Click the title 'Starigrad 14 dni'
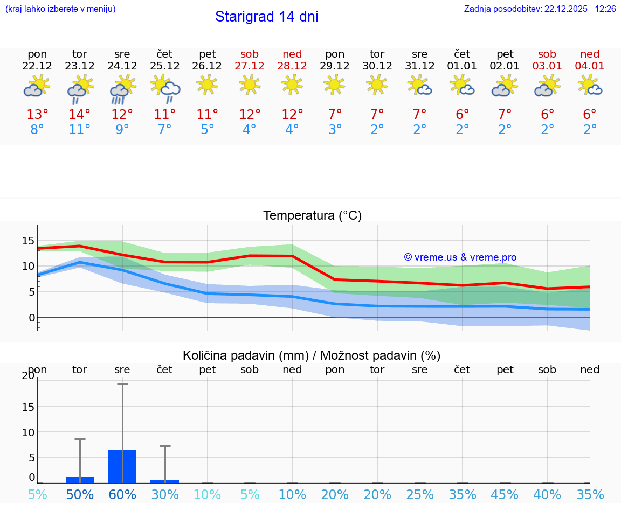(x=266, y=17)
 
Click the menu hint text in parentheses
(x=60, y=9)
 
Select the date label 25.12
(x=165, y=66)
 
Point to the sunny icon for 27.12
(x=250, y=84)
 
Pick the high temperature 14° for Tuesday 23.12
(x=80, y=115)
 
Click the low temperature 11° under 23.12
(x=80, y=130)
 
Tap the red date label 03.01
(x=547, y=66)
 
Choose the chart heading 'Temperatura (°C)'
(x=312, y=216)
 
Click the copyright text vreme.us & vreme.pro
(x=460, y=257)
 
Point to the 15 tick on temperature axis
(x=28, y=240)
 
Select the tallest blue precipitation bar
(x=122, y=466)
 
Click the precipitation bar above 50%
(x=80, y=480)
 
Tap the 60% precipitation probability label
(x=122, y=495)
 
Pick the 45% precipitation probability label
(x=505, y=495)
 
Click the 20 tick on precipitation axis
(x=28, y=376)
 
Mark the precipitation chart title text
(x=312, y=355)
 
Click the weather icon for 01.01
(x=462, y=86)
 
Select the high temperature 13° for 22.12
(x=37, y=115)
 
